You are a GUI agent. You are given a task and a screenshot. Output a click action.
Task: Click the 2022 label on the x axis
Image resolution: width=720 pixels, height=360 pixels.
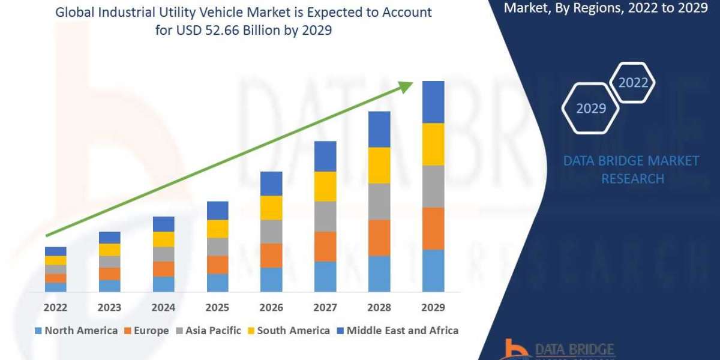(55, 307)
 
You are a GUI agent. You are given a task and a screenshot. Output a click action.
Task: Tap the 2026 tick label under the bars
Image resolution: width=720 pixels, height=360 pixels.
(271, 307)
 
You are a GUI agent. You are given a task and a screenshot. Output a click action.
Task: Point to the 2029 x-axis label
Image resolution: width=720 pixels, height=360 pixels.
(433, 307)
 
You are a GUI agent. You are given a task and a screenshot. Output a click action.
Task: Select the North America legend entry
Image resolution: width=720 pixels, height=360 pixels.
(76, 331)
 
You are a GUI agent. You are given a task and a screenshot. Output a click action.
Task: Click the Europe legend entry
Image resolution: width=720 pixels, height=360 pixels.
(146, 331)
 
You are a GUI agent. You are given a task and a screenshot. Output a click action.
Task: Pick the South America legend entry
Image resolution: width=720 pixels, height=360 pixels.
(287, 331)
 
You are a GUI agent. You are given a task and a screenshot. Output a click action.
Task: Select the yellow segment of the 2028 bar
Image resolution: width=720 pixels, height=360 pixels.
(379, 165)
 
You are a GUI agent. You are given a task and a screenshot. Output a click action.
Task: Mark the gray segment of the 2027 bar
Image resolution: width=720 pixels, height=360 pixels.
(325, 217)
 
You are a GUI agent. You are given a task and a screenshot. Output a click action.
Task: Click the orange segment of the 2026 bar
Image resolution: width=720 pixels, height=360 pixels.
(271, 256)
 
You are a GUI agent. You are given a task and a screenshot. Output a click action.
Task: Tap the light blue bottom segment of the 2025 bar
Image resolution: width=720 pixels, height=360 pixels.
(217, 283)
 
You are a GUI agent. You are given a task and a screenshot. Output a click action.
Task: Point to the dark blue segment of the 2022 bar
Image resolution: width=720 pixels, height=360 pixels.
(55, 251)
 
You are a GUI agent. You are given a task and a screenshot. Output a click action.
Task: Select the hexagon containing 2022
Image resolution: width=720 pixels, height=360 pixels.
(632, 83)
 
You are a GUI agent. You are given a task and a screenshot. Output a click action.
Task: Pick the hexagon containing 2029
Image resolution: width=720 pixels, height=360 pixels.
(591, 109)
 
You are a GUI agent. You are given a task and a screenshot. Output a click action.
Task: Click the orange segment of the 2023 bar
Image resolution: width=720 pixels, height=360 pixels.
(109, 274)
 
